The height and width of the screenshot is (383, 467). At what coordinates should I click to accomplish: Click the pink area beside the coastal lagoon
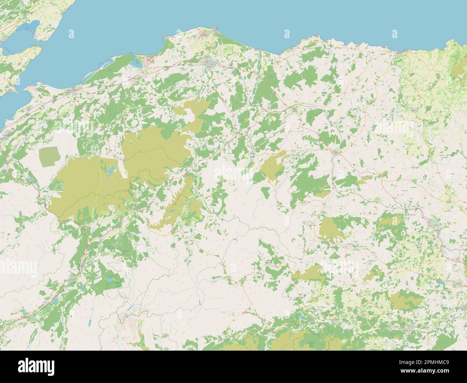148,61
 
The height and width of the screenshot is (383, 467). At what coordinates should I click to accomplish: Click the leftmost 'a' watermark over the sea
71,34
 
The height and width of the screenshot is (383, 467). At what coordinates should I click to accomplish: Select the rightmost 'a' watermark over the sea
394,34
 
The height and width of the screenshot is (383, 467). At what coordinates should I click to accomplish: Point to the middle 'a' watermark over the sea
287,34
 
